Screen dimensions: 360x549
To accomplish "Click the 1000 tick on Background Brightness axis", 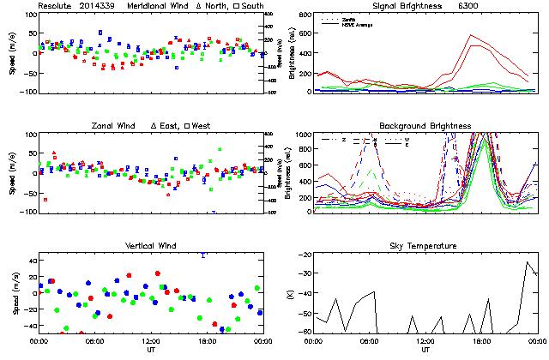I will point(305,135).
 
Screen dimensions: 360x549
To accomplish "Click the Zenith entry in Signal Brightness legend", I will point(349,18).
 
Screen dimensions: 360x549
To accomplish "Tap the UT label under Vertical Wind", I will point(150,350).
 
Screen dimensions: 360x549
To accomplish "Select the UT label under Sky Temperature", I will point(425,350).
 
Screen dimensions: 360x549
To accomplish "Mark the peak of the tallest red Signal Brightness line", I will point(471,35).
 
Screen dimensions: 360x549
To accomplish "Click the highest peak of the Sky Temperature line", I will point(528,262).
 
